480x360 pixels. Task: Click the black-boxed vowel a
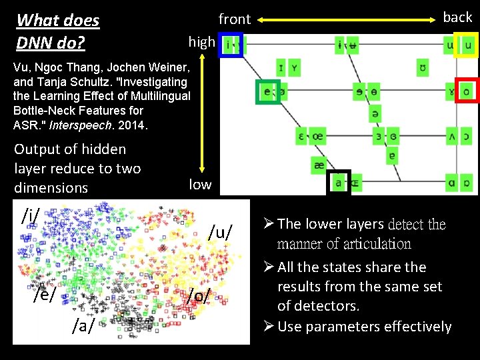tap(338, 181)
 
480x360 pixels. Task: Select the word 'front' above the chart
tap(235, 19)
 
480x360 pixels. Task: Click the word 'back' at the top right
tap(457, 17)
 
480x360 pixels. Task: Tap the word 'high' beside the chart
tap(201, 42)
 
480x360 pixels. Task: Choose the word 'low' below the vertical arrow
tap(200, 184)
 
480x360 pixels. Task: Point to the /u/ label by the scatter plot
tap(221, 232)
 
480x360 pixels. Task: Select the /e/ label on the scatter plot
tap(44, 293)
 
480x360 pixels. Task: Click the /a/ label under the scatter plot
tap(83, 325)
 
